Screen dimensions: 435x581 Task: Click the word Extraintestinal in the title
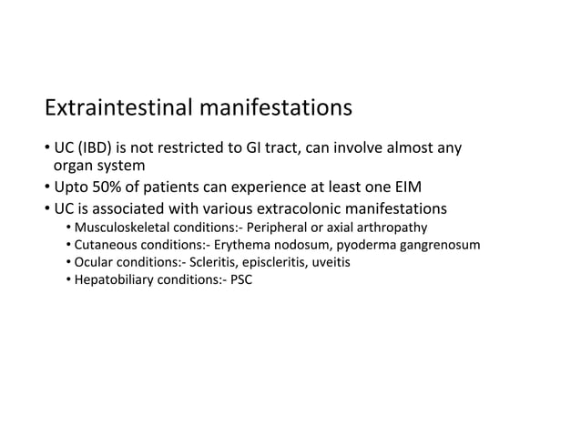click(x=117, y=109)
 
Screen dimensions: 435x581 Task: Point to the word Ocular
click(x=94, y=262)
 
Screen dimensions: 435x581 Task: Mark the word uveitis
click(x=329, y=262)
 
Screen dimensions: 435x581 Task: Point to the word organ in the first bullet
click(x=71, y=167)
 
